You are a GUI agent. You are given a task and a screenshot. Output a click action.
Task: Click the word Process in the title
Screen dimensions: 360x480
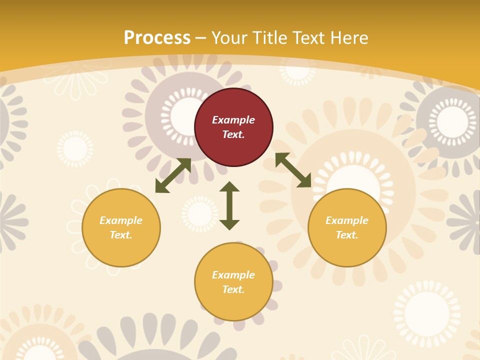pos(157,38)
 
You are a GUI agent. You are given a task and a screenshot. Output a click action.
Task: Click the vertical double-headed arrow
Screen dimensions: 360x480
pos(229,205)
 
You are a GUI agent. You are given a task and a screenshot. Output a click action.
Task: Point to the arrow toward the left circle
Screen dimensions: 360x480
pos(173,175)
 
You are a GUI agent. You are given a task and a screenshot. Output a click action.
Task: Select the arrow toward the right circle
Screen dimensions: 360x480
pos(293,170)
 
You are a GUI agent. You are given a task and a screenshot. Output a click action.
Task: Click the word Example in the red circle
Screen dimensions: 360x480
pos(233,120)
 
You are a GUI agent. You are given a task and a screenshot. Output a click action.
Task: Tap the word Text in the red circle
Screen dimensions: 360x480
pos(233,134)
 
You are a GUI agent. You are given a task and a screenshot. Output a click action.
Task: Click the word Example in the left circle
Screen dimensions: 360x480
pos(121,220)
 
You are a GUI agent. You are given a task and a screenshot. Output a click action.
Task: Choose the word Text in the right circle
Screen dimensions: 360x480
pos(347,235)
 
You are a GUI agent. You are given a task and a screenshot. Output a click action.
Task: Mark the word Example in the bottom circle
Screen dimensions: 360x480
pos(233,275)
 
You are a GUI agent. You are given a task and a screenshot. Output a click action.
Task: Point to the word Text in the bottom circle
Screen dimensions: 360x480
pos(233,289)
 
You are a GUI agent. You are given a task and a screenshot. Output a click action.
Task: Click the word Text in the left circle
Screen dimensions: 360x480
pos(121,235)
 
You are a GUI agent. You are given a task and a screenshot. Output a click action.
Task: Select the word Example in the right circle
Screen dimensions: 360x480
pos(347,220)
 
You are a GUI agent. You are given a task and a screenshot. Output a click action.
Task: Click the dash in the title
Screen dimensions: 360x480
pos(201,38)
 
